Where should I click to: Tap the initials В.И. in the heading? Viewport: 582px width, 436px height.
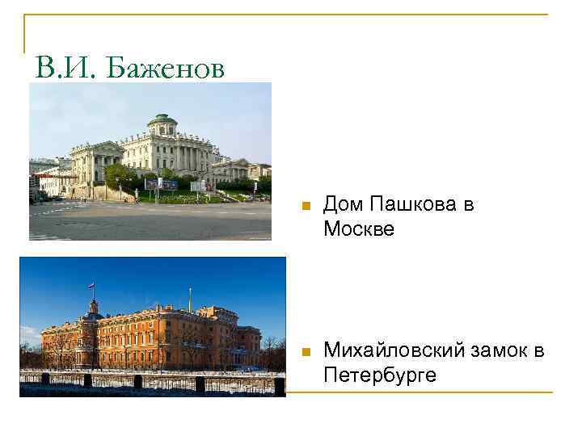pos(63,69)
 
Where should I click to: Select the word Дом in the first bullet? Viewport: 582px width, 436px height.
pos(341,205)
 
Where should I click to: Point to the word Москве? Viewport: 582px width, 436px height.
pos(359,228)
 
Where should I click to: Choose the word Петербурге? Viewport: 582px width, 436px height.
pos(380,375)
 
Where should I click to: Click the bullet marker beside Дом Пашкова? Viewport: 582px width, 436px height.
pos(304,207)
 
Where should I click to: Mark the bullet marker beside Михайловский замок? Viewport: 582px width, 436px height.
pos(304,352)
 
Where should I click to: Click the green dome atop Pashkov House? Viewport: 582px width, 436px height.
pos(162,121)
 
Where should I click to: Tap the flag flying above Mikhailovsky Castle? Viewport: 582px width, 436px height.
pos(91,286)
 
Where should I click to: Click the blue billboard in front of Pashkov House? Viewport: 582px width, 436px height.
pos(162,184)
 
